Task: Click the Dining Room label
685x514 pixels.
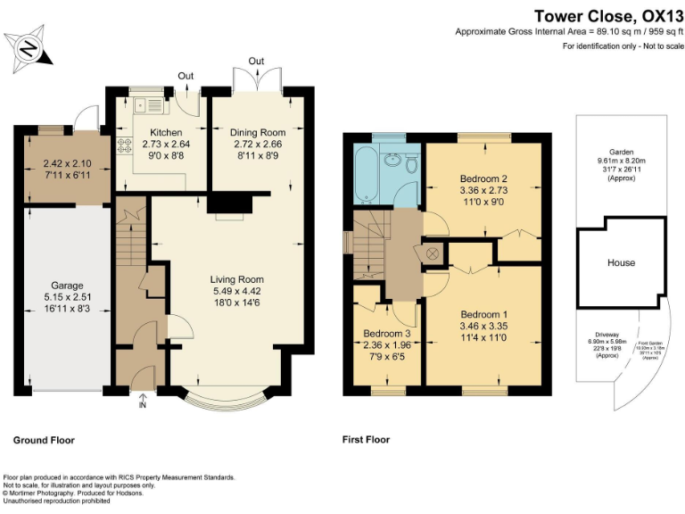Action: (257, 132)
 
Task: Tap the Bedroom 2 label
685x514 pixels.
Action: (483, 178)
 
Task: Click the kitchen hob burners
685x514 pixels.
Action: (122, 145)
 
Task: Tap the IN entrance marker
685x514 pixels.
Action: (142, 405)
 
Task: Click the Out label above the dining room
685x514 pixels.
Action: (256, 61)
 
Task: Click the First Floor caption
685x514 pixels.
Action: (366, 440)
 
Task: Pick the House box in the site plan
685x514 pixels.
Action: (622, 262)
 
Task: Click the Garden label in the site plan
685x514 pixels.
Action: (622, 152)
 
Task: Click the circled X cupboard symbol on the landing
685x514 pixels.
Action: (433, 253)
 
